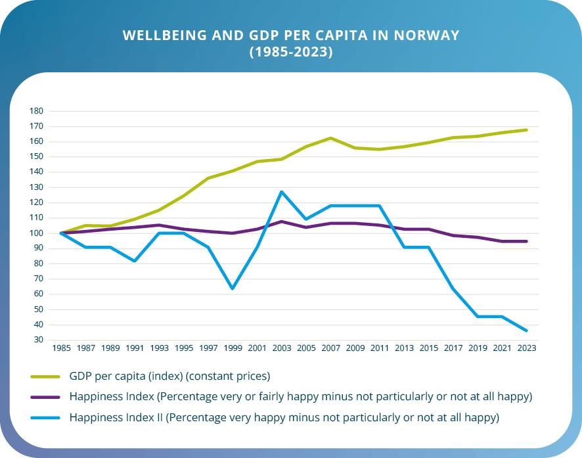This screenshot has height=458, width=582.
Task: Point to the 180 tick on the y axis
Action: [x=36, y=111]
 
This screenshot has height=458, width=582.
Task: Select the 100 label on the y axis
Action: [x=36, y=233]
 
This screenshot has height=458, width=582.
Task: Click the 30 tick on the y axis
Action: [x=38, y=340]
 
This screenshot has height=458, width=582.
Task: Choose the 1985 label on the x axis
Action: [x=62, y=348]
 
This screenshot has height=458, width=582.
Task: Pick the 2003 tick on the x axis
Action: [x=282, y=348]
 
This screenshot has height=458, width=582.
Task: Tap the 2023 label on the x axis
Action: [x=526, y=348]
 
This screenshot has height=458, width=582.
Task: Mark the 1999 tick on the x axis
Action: [x=233, y=348]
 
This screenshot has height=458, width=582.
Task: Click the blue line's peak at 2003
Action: [x=282, y=192]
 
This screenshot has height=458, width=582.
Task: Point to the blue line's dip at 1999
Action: [x=233, y=288]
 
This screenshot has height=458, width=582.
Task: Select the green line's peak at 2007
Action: [x=330, y=138]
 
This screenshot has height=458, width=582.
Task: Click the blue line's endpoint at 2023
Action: [x=526, y=331]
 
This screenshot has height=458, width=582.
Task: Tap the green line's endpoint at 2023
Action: [x=526, y=130]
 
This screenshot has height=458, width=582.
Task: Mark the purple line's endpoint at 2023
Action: [x=526, y=241]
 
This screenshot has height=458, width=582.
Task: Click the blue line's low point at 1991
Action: [x=135, y=261]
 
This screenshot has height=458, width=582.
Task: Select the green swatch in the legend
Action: [x=45, y=377]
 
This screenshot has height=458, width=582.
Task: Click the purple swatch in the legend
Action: [x=45, y=398]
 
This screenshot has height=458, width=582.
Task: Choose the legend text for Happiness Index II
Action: [x=284, y=417]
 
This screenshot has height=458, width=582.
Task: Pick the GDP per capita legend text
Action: [x=169, y=377]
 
